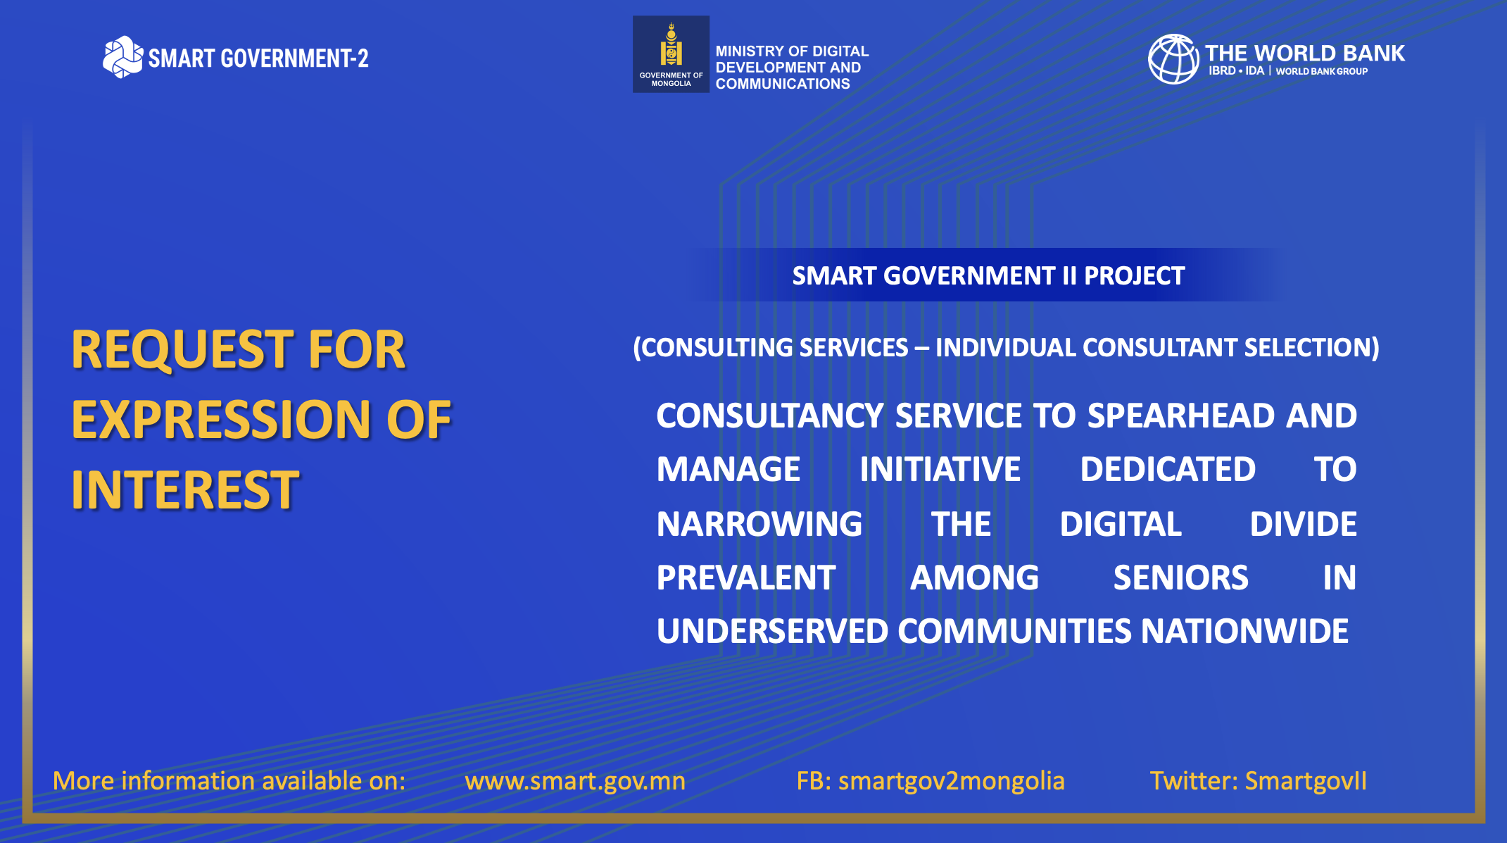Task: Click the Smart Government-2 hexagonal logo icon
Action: point(122,57)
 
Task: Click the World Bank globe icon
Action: point(1173,59)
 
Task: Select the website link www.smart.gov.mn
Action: point(575,781)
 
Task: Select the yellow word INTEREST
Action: point(185,489)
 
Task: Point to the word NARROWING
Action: point(759,524)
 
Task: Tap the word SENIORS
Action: point(1181,577)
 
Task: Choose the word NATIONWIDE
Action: point(1244,631)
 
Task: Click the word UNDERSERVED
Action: point(772,631)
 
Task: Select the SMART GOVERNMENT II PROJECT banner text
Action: point(988,276)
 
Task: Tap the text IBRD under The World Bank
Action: point(1222,71)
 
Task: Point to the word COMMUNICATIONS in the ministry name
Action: point(783,84)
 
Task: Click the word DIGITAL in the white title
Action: point(1121,524)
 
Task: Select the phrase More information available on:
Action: point(229,781)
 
